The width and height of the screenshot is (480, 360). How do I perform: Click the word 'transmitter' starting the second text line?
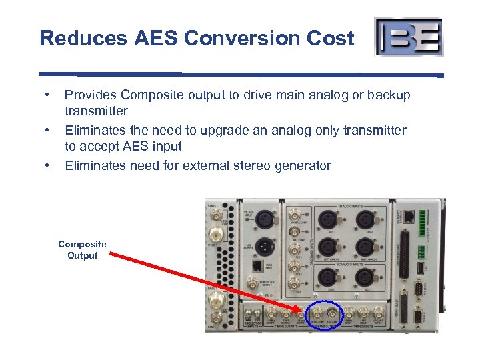(96, 111)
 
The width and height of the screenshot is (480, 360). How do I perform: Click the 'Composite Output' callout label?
(82, 250)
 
